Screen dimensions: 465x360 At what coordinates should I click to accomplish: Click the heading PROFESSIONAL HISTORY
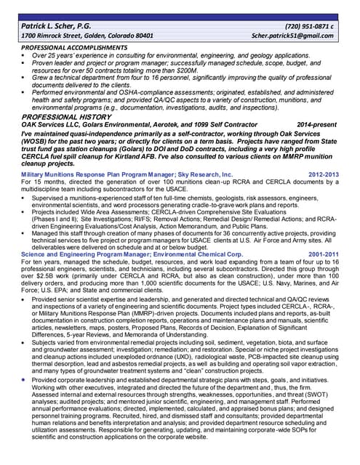pos(65,116)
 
